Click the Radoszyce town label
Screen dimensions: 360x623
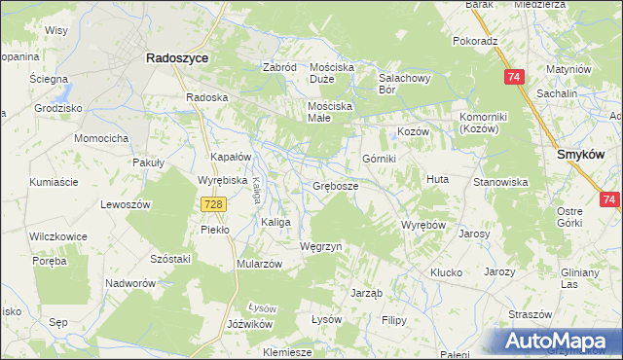(x=176, y=58)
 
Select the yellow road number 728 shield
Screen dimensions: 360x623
(x=215, y=203)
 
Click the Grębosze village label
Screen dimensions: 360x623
(x=336, y=185)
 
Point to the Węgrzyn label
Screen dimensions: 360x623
(x=321, y=247)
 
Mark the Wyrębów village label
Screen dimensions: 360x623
(x=423, y=225)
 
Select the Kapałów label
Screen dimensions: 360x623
(x=232, y=157)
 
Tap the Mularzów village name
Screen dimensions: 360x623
(x=259, y=264)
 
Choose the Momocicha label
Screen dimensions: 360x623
(x=103, y=139)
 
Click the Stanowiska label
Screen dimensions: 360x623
(x=500, y=182)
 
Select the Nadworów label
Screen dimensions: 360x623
(x=131, y=283)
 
